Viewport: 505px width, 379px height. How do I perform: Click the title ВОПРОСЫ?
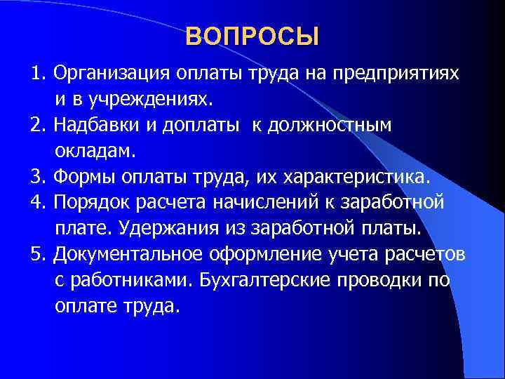coord(252,36)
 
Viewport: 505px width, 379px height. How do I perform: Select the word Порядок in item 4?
coord(91,203)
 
